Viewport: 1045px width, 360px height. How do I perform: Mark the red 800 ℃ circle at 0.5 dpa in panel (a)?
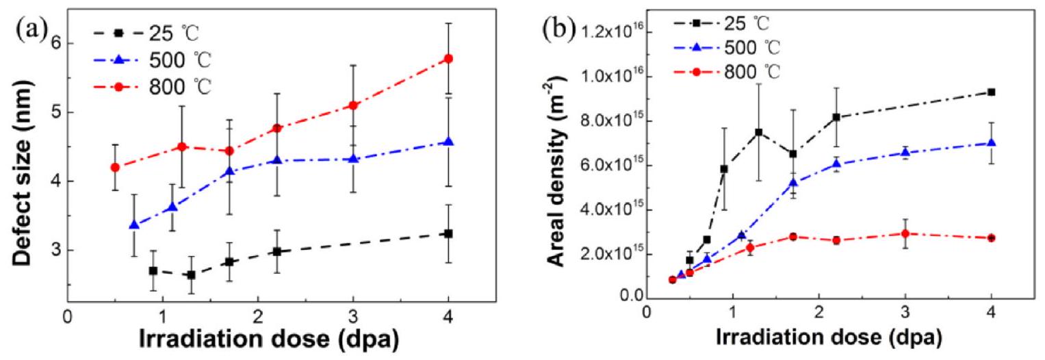coord(115,167)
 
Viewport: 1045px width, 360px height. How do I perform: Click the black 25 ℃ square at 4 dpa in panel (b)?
coord(991,92)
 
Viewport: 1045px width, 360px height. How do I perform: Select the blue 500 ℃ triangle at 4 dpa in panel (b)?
coord(991,143)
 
